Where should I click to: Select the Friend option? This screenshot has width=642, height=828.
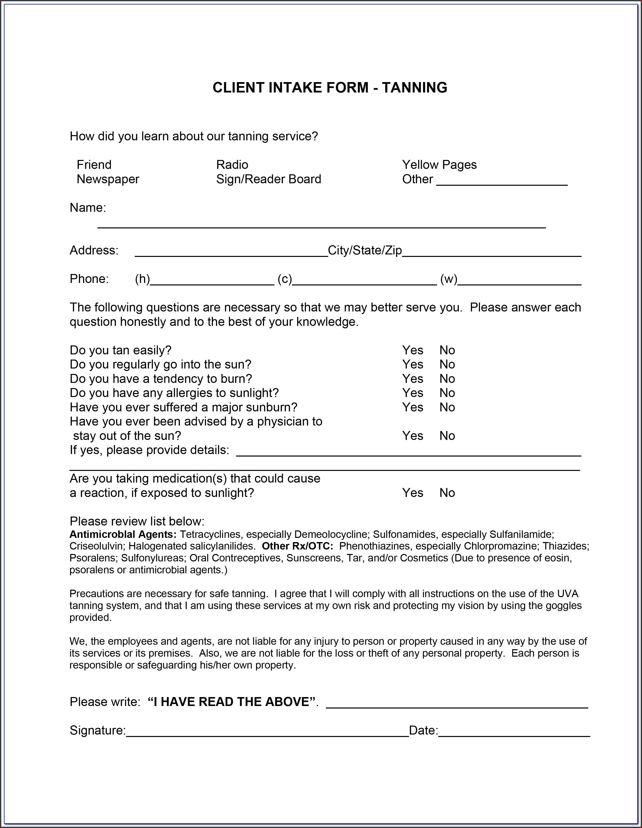tap(94, 165)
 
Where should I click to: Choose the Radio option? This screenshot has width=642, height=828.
tap(232, 165)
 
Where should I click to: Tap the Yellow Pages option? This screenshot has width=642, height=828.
tap(439, 165)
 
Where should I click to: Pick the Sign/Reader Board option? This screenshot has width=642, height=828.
tap(269, 179)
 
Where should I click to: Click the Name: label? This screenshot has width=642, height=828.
tap(88, 207)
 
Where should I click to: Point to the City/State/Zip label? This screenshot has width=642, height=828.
tap(365, 250)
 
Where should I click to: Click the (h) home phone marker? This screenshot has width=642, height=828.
tap(142, 279)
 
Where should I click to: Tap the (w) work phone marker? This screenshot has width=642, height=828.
tap(448, 279)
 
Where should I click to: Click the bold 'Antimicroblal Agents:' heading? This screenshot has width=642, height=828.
tap(123, 535)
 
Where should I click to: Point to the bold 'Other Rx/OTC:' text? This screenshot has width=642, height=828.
tap(297, 546)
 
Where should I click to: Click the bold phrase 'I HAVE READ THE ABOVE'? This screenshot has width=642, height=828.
tap(231, 702)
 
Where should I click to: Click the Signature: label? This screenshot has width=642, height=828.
tap(97, 730)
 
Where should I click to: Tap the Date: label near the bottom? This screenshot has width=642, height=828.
tap(423, 730)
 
